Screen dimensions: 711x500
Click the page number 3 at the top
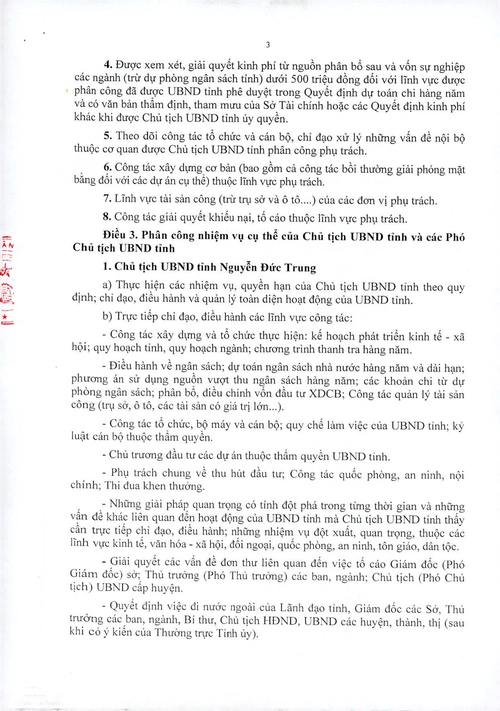point(268,44)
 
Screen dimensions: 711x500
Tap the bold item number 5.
point(107,136)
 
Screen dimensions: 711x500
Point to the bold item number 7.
point(107,199)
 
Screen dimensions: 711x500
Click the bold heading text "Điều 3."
point(120,235)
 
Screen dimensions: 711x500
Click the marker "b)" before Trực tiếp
point(107,317)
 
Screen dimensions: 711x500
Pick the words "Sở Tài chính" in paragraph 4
point(290,106)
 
